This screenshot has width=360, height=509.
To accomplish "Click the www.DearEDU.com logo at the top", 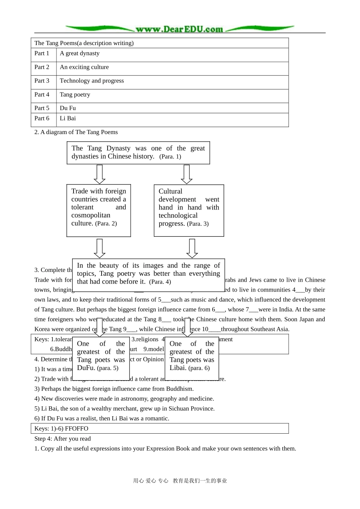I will click(179, 29).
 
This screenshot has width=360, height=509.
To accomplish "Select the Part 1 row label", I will click(42, 53).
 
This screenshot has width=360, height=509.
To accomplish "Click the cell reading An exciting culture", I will click(84, 67).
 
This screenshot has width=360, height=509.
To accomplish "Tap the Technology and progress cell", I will click(92, 81).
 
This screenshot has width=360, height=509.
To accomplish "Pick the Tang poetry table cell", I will click(75, 95).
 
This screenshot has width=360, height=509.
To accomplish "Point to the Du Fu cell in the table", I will click(68, 108).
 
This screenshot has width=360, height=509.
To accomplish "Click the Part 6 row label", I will click(42, 118).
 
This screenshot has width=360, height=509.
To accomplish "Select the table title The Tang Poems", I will click(84, 43).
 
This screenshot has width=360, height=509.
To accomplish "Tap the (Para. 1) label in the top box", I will click(170, 157).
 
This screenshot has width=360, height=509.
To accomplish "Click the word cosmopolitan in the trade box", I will click(91, 215).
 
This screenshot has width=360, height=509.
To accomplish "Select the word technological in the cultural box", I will click(178, 215).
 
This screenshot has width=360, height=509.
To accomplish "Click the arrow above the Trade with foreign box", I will click(99, 174).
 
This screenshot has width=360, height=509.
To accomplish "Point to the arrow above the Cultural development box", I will click(186, 174).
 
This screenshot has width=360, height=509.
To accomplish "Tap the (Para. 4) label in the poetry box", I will click(160, 282).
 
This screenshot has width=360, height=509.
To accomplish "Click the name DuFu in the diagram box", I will click(86, 368).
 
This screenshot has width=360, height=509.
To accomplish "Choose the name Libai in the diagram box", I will click(178, 368).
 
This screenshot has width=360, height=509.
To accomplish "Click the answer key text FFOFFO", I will click(77, 429).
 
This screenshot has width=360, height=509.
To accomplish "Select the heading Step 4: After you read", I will click(63, 439).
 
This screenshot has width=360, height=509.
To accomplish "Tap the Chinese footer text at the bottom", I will click(180, 481).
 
